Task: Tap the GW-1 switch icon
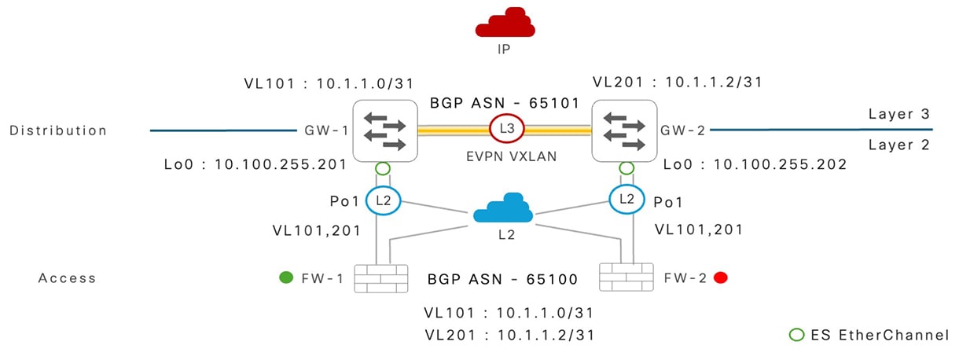tap(383, 130)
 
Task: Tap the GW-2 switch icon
tap(626, 130)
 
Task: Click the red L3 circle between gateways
tap(505, 128)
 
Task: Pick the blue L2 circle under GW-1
tap(383, 200)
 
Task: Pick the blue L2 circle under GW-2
tap(626, 200)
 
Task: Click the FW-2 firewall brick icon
tap(626, 277)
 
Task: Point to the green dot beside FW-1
tap(287, 277)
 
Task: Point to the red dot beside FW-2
tap(719, 277)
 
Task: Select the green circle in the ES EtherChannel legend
tap(796, 335)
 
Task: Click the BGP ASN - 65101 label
tap(504, 103)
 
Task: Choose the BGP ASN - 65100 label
tap(502, 279)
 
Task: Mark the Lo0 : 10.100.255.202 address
tap(755, 165)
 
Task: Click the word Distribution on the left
tap(58, 130)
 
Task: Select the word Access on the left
tap(67, 278)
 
